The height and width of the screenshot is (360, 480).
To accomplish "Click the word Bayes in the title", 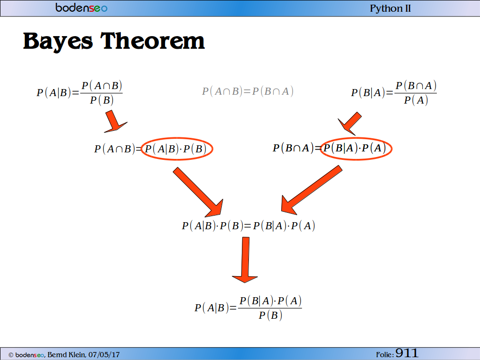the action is [x=58, y=41].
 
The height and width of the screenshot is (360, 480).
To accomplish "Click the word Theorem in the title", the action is [x=152, y=41].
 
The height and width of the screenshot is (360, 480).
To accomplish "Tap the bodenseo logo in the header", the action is [x=81, y=7].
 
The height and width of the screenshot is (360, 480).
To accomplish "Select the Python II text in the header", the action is [x=390, y=8].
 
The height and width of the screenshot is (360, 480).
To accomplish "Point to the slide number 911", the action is [x=406, y=353].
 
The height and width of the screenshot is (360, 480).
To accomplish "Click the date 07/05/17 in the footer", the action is [x=104, y=355].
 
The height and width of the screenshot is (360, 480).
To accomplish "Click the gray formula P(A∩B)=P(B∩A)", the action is [x=247, y=91].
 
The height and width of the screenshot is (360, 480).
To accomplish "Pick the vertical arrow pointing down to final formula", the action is [x=245, y=260].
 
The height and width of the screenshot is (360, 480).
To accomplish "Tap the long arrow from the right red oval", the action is [x=311, y=190].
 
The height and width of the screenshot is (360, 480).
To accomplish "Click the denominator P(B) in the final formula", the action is [x=270, y=315].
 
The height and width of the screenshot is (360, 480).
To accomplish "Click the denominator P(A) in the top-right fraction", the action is [x=416, y=100].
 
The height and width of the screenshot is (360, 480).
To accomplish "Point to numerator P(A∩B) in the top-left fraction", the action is [x=102, y=86].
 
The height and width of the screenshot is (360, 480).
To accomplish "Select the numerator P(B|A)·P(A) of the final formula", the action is [x=270, y=301].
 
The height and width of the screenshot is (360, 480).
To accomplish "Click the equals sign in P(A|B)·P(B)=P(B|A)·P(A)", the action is [x=247, y=226].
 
